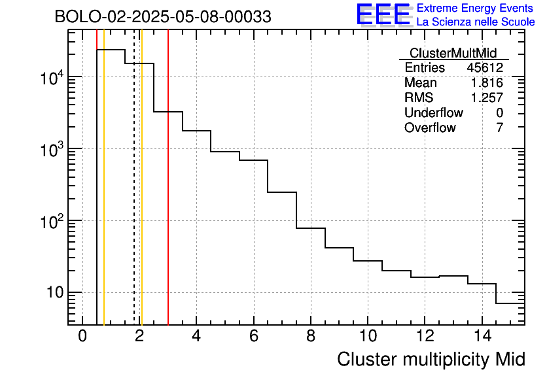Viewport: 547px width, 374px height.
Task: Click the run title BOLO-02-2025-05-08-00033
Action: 163,17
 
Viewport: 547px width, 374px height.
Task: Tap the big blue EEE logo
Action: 383,14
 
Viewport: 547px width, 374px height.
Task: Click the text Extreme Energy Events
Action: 476,8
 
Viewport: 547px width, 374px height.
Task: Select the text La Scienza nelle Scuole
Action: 476,22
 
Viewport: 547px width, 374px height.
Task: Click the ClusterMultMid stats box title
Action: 453,53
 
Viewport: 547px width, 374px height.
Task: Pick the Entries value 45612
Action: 485,68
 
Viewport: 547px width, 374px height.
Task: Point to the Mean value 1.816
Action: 487,83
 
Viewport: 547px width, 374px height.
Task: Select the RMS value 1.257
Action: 487,98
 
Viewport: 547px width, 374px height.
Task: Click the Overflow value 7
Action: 499,128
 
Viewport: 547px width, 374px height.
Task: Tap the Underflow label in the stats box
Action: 433,113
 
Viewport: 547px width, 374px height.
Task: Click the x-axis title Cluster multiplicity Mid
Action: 431,359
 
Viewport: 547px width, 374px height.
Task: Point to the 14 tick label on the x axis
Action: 481,336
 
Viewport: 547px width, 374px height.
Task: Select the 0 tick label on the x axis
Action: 82,336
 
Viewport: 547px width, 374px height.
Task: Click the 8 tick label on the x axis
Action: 310,336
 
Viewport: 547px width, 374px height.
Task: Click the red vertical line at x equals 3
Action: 168,196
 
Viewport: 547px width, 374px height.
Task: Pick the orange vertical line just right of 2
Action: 141,196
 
